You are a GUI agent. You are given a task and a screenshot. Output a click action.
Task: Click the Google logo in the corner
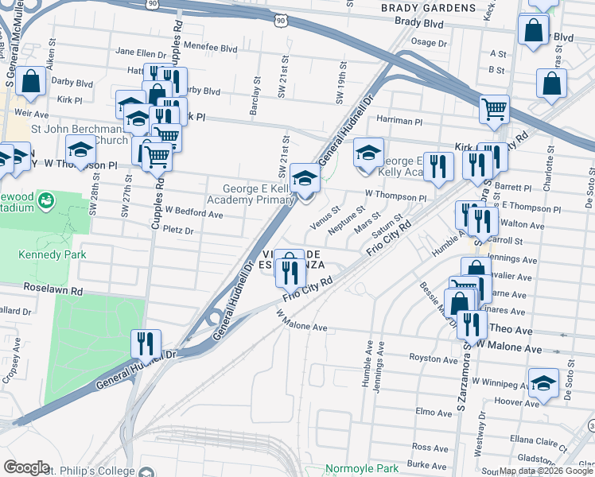coord(26,467)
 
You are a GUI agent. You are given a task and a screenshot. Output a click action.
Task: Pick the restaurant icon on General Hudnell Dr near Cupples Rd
coord(146,344)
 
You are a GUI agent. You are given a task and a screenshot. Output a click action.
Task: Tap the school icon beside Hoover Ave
coord(544,383)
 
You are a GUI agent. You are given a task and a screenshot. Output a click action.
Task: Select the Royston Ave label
coord(434,359)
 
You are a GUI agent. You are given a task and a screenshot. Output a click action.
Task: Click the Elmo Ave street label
coord(434,413)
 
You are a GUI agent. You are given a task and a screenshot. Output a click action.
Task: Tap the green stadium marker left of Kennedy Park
coord(46,198)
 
